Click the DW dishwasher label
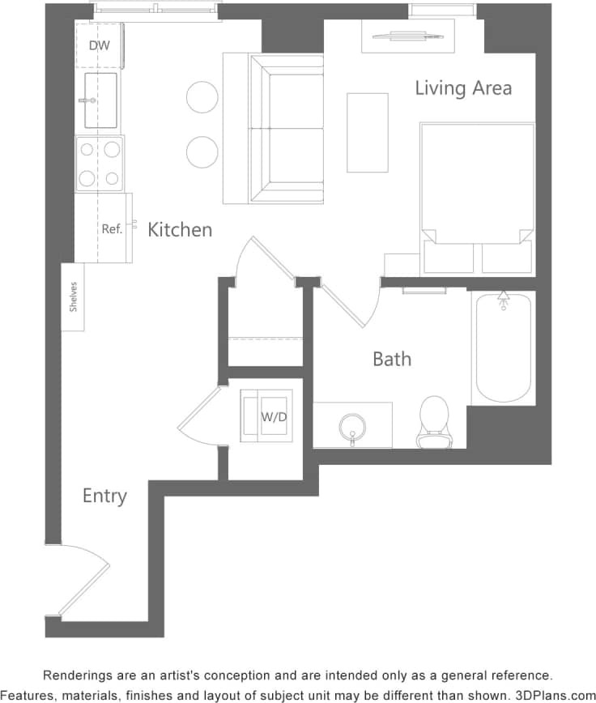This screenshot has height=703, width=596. (99, 45)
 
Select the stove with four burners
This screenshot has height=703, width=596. (100, 163)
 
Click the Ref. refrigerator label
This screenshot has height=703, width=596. (112, 229)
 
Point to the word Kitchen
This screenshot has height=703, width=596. (180, 230)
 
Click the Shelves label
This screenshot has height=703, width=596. (73, 296)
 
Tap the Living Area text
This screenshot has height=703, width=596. (463, 87)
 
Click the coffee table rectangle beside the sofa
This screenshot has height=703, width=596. (368, 132)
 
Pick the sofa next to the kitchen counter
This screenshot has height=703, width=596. (285, 130)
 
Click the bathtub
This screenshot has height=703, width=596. (503, 347)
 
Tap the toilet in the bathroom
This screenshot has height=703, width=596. (433, 420)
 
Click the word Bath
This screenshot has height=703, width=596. (392, 358)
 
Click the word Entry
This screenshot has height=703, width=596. (104, 495)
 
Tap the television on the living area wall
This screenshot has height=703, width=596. (408, 36)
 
